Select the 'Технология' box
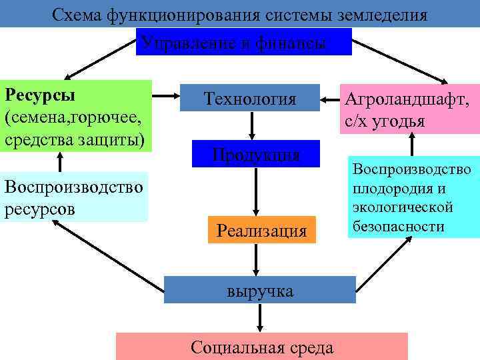(x=250, y=99)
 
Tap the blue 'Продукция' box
(x=255, y=155)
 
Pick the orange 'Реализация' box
(x=261, y=231)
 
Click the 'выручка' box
(x=259, y=291)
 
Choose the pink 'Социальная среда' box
(x=261, y=347)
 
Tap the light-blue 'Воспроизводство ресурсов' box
(x=73, y=198)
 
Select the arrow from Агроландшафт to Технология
(x=329, y=101)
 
